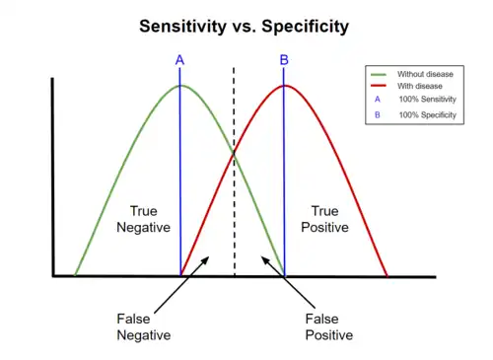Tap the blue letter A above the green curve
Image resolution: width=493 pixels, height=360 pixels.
pyautogui.click(x=179, y=61)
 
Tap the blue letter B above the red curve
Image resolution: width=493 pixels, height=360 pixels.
pyautogui.click(x=284, y=61)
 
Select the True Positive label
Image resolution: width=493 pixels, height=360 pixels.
pyautogui.click(x=324, y=219)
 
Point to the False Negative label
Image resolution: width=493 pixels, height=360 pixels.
pyautogui.click(x=144, y=326)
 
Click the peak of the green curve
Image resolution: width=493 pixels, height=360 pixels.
pyautogui.click(x=180, y=86)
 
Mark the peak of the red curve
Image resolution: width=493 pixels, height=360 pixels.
pyautogui.click(x=284, y=86)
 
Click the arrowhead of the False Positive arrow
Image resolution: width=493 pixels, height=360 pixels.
pyautogui.click(x=263, y=258)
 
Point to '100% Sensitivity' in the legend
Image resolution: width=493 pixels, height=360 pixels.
pyautogui.click(x=427, y=101)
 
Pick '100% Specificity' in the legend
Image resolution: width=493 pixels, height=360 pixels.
pyautogui.click(x=427, y=115)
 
